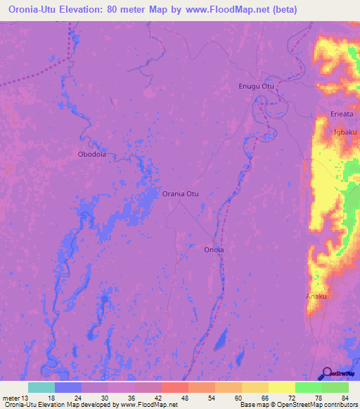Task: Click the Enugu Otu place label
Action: (x=256, y=86)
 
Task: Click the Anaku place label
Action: (x=316, y=297)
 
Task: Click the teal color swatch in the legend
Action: (x=41, y=387)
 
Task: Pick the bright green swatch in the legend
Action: (x=308, y=387)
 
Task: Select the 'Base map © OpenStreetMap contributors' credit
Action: (x=298, y=405)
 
